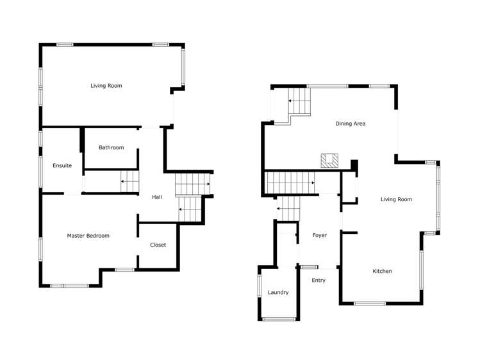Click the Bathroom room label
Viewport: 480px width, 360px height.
coord(111,148)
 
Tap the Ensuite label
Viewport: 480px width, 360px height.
coord(62,166)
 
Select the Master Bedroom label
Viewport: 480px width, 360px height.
coord(88,236)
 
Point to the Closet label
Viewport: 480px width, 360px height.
coord(158,245)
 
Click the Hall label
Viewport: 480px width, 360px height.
coord(157,197)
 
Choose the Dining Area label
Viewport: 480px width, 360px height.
coord(351,124)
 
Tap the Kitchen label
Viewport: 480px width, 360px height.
coord(382,272)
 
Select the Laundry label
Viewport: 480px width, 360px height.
coord(278,293)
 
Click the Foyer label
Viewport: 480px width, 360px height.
coord(319,236)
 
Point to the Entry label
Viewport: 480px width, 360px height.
coord(319,281)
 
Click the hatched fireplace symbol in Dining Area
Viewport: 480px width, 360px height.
coord(330,160)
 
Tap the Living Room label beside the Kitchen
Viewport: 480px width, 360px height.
coord(396,200)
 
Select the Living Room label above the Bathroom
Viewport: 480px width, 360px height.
coord(106,86)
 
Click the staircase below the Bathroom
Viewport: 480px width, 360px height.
coord(130,181)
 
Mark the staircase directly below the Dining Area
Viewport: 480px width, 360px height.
coord(291,182)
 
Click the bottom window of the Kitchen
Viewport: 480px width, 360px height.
coord(370,303)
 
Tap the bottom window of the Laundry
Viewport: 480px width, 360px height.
coord(279,319)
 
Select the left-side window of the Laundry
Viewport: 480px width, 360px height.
coord(260,292)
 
